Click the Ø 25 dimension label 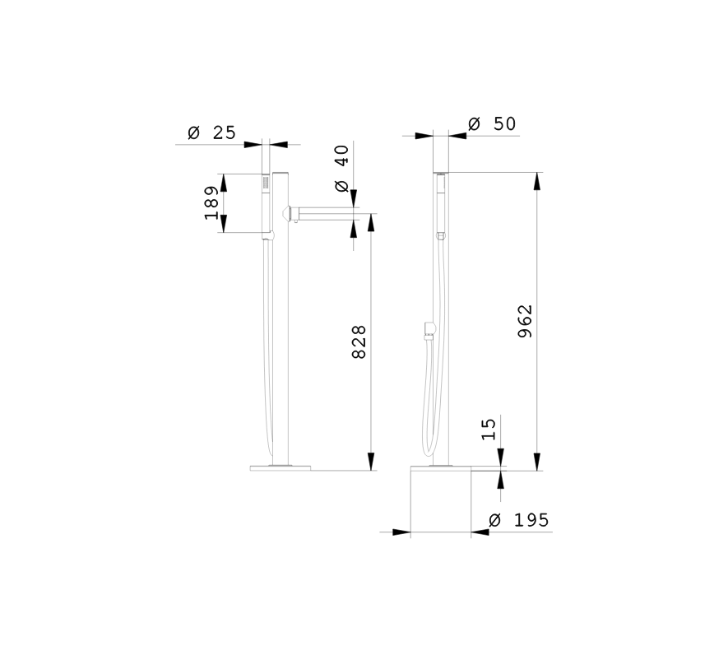pyautogui.click(x=211, y=132)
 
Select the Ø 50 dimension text pyautogui.click(x=492, y=124)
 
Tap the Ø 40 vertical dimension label pyautogui.click(x=341, y=168)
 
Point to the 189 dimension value pyautogui.click(x=211, y=203)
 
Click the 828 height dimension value pyautogui.click(x=359, y=342)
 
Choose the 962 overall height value pyautogui.click(x=525, y=321)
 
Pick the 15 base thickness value pyautogui.click(x=489, y=430)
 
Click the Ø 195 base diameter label pyautogui.click(x=519, y=520)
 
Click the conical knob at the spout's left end pyautogui.click(x=286, y=214)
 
